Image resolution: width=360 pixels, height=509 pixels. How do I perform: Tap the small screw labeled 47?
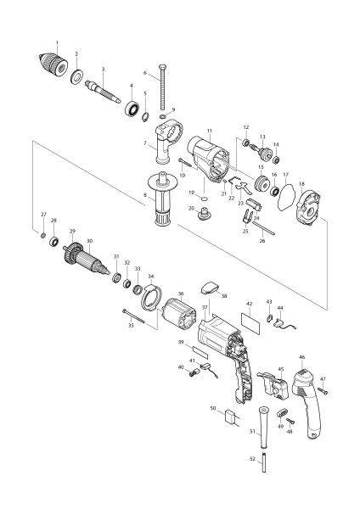click(x=323, y=391)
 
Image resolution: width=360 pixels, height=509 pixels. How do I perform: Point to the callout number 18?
click(x=301, y=184)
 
